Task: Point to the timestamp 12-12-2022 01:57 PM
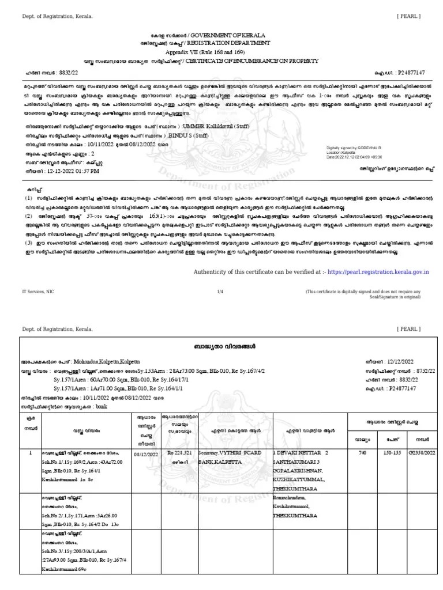pos(74,171)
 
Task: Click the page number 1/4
pos(220,292)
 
